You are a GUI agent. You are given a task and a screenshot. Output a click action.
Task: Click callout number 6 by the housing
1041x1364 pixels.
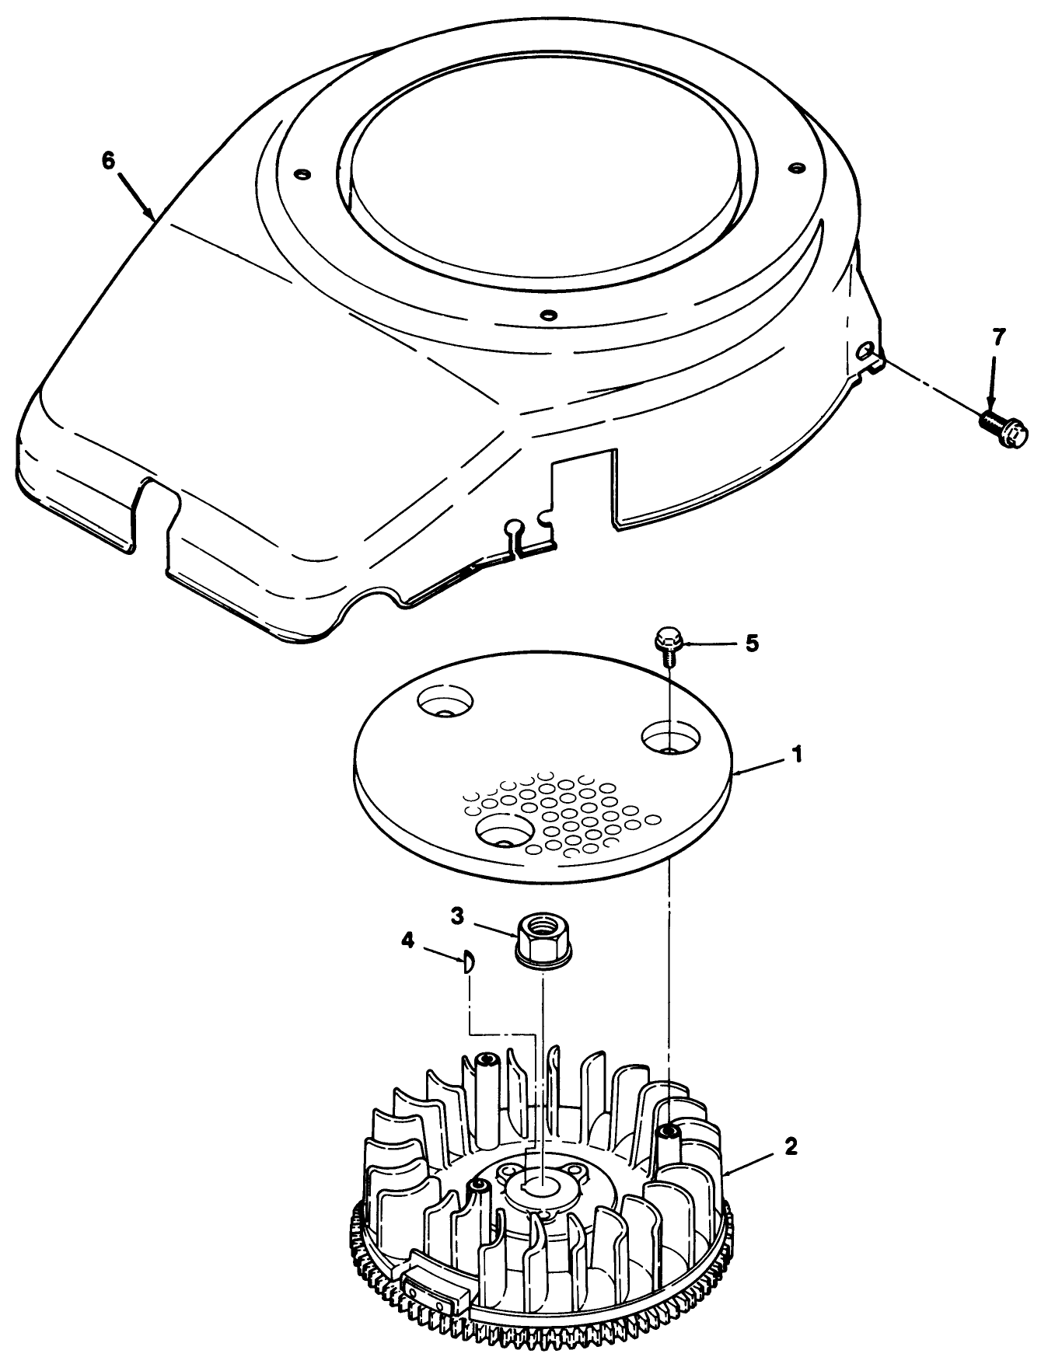pos(108,160)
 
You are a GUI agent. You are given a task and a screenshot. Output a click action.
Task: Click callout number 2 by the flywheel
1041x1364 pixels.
pos(791,1146)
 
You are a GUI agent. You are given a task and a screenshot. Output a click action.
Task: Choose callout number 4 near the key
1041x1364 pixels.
pos(407,940)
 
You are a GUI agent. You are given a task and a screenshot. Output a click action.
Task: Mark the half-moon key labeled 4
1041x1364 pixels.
pos(467,964)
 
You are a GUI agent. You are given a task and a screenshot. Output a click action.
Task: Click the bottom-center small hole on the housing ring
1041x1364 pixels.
pos(549,315)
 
